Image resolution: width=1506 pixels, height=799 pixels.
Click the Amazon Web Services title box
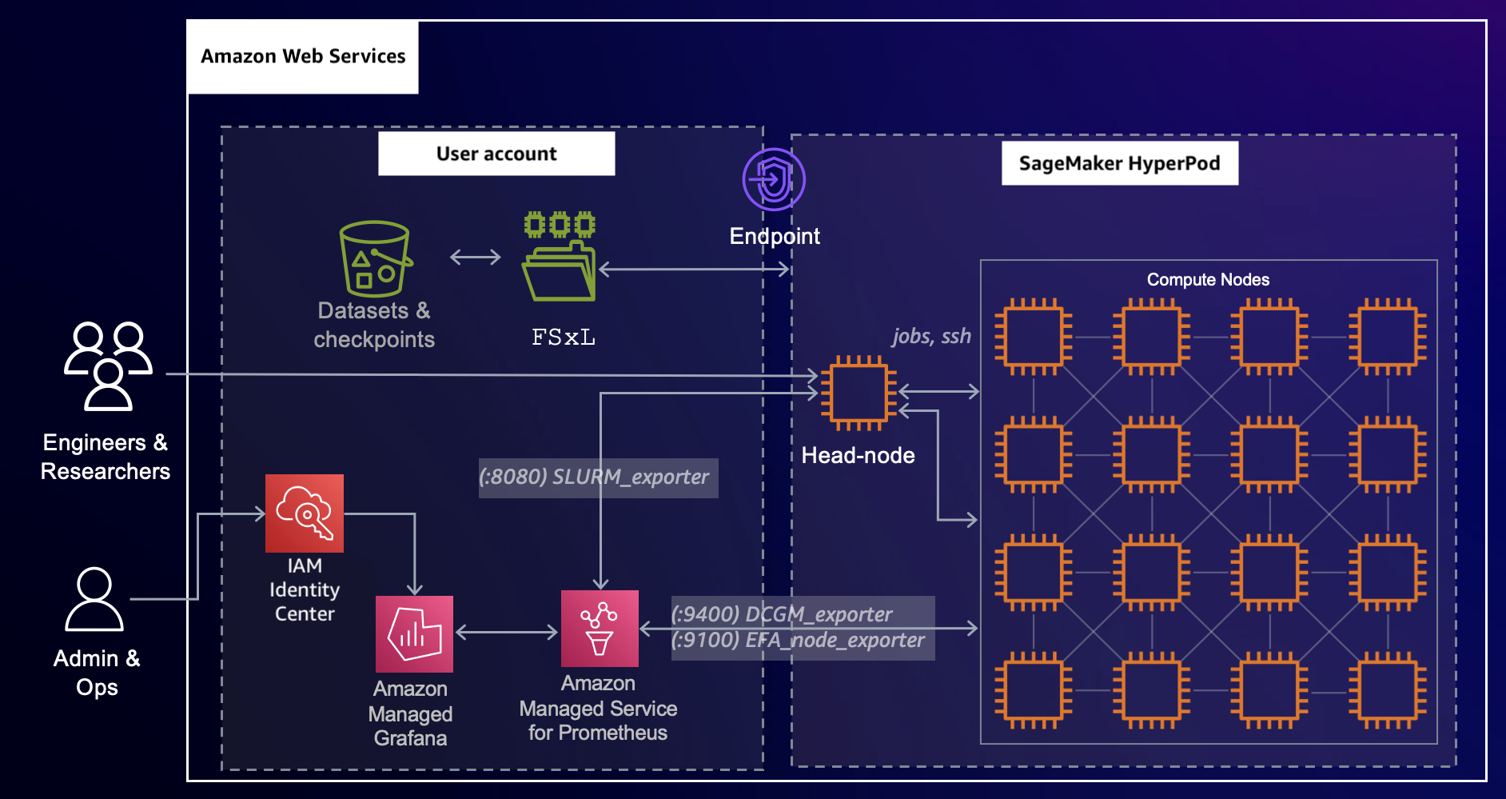303,57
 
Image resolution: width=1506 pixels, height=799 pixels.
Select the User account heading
496,154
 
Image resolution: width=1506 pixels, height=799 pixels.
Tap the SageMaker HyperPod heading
1119,163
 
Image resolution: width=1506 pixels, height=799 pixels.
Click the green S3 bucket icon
375,259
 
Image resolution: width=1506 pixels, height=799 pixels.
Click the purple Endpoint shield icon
773,179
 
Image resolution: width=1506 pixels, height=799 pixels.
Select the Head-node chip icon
859,393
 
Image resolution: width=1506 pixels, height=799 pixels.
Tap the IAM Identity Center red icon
305,513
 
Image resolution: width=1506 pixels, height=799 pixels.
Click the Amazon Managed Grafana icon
414,634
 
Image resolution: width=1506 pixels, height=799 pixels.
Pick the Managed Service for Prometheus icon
600,629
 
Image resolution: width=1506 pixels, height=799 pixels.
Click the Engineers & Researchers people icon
108,366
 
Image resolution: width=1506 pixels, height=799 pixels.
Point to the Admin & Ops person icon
94,600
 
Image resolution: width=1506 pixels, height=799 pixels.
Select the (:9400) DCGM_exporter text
781,613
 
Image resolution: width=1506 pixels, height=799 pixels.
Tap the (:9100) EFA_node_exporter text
797,641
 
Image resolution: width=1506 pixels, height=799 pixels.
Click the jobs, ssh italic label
931,336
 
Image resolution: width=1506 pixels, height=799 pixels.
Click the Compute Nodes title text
1208,280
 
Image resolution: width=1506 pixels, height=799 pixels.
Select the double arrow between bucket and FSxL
475,257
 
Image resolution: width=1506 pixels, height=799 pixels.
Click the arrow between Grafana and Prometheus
506,633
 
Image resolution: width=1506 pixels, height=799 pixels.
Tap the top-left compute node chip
1034,337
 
